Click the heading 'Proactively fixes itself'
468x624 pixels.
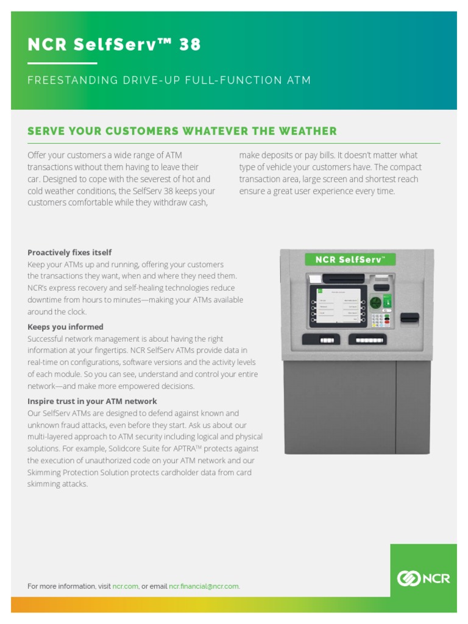click(x=69, y=252)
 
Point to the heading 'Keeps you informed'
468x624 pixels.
click(x=65, y=327)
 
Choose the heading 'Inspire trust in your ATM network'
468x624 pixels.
click(x=92, y=401)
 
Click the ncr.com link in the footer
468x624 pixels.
click(x=126, y=586)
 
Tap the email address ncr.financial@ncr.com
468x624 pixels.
click(x=204, y=586)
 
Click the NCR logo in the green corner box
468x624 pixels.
click(x=424, y=578)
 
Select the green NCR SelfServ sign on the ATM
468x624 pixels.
click(x=350, y=260)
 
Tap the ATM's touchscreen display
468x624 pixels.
click(x=338, y=305)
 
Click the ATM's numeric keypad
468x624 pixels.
click(x=381, y=320)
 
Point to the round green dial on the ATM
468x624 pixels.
click(x=375, y=302)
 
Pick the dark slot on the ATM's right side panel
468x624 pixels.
click(x=409, y=318)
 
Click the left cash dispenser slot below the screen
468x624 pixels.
click(x=321, y=339)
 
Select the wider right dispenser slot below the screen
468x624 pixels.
click(x=367, y=339)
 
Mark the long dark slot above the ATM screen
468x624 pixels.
click(x=344, y=278)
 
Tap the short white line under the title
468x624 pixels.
click(x=62, y=63)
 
